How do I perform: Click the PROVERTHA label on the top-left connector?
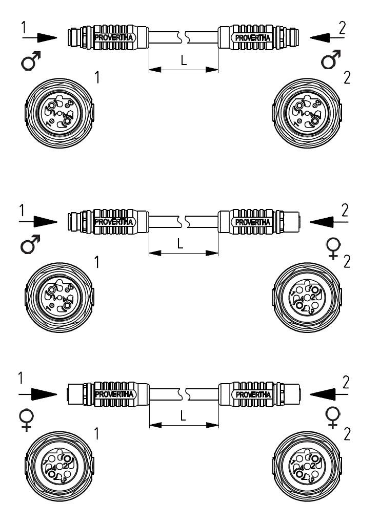[x=114, y=37]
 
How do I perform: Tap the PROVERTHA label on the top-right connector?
[x=252, y=37]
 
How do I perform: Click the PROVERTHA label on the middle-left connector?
[x=114, y=222]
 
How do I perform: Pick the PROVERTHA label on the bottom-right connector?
[x=252, y=394]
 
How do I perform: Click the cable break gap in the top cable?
[x=183, y=37]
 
